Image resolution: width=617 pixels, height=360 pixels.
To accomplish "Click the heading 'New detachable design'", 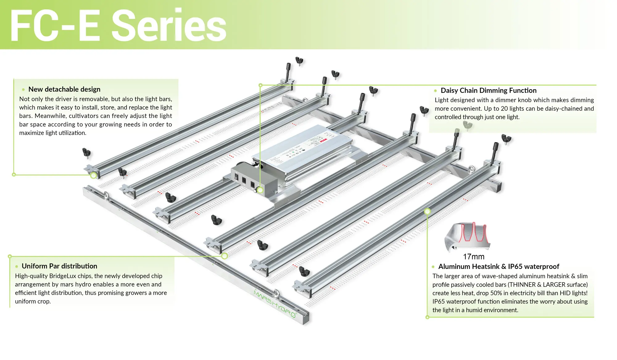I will coord(64,89).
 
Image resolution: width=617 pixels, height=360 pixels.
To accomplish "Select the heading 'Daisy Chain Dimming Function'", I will coord(488,90).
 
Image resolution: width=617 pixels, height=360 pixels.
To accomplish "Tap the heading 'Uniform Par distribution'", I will coord(59,266).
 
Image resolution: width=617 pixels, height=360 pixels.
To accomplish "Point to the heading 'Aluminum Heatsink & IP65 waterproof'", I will coord(499,267).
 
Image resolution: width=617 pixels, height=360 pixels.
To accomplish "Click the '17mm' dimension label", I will coord(474,257).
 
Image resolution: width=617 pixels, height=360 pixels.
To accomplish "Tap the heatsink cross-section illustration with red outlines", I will coord(467,236).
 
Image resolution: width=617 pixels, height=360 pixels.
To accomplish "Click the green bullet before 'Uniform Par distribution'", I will coord(17,267).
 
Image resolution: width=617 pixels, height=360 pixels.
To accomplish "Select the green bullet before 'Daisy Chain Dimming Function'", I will coord(435,91).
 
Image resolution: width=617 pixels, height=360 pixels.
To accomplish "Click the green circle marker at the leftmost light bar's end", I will coord(93,175).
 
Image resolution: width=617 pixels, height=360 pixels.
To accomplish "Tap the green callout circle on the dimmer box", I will coord(260,190).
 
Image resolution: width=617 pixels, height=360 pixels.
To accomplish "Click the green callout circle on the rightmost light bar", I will coord(427,212).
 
